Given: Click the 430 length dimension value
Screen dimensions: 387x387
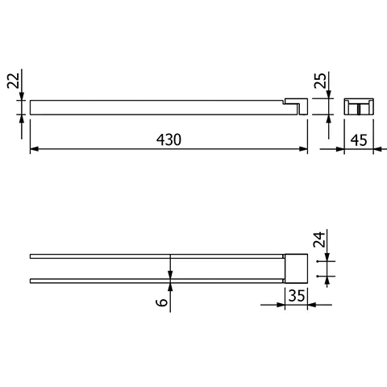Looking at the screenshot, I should (x=169, y=139).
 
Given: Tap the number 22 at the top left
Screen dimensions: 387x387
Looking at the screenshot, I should (x=11, y=83).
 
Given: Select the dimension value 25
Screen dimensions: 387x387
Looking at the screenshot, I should (x=320, y=82).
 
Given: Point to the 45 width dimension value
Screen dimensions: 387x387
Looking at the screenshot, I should (x=359, y=140).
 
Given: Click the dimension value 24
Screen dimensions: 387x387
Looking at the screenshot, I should (x=320, y=241).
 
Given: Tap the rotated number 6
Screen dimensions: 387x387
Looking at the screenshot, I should (x=162, y=302).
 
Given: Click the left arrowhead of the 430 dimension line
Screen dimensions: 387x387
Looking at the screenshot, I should (x=34, y=150).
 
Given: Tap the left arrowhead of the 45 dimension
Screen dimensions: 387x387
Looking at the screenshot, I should (x=348, y=150).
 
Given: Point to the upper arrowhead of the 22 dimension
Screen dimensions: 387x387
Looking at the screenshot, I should (x=22, y=96).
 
